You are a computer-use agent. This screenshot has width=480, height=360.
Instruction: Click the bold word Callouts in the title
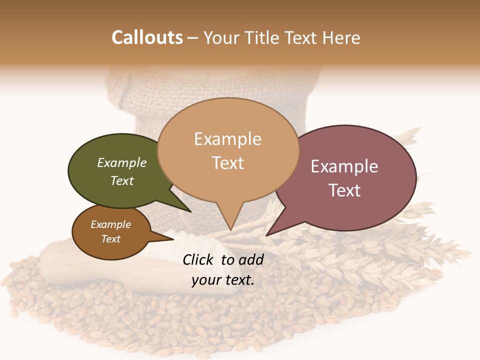[x=147, y=37]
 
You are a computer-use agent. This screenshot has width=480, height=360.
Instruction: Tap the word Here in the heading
[x=341, y=37]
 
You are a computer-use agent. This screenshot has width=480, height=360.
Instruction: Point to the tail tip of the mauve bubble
[x=266, y=235]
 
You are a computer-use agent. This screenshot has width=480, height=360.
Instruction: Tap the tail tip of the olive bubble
[x=190, y=211]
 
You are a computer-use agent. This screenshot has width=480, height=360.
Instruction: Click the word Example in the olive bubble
[x=122, y=163]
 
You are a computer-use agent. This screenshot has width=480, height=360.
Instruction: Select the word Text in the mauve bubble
[x=344, y=190]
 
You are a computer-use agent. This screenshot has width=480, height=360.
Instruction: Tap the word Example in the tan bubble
[x=227, y=139]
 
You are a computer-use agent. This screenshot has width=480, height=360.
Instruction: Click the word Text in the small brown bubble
[x=111, y=239]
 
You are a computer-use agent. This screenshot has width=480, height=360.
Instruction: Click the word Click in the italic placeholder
[x=199, y=259]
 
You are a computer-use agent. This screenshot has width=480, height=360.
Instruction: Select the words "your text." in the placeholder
[x=223, y=280]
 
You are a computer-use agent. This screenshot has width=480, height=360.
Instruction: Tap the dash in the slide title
[x=193, y=38]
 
